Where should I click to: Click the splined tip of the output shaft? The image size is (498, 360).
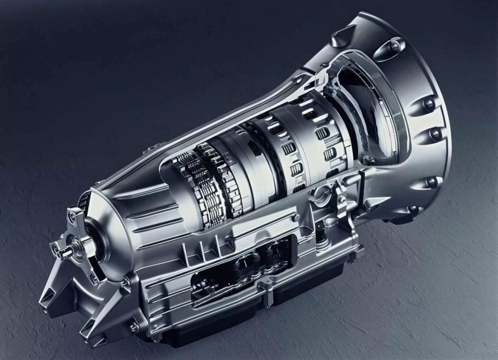pos(56,250)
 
